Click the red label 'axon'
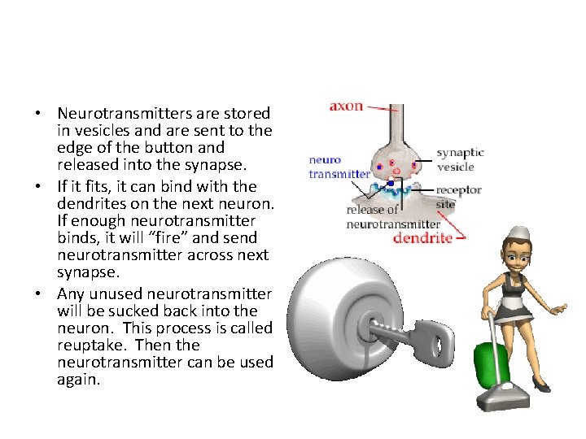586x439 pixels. pyautogui.click(x=346, y=106)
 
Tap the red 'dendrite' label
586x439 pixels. pyautogui.click(x=422, y=237)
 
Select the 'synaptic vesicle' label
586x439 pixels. pyautogui.click(x=460, y=159)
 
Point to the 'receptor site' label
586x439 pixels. pyautogui.click(x=459, y=197)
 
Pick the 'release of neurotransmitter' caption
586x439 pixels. pyautogui.click(x=393, y=217)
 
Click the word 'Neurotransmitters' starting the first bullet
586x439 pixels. pyautogui.click(x=124, y=113)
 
